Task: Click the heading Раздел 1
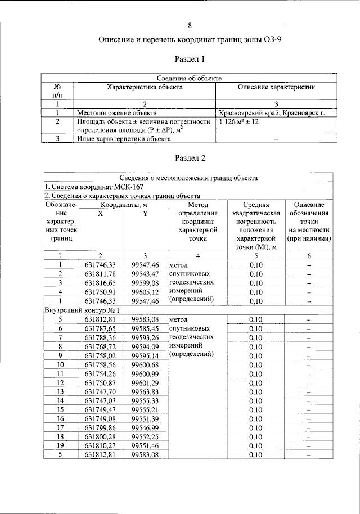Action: pos(190,58)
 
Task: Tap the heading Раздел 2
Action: pos(190,158)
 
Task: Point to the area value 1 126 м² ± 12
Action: pos(239,121)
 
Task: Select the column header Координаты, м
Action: pos(125,205)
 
